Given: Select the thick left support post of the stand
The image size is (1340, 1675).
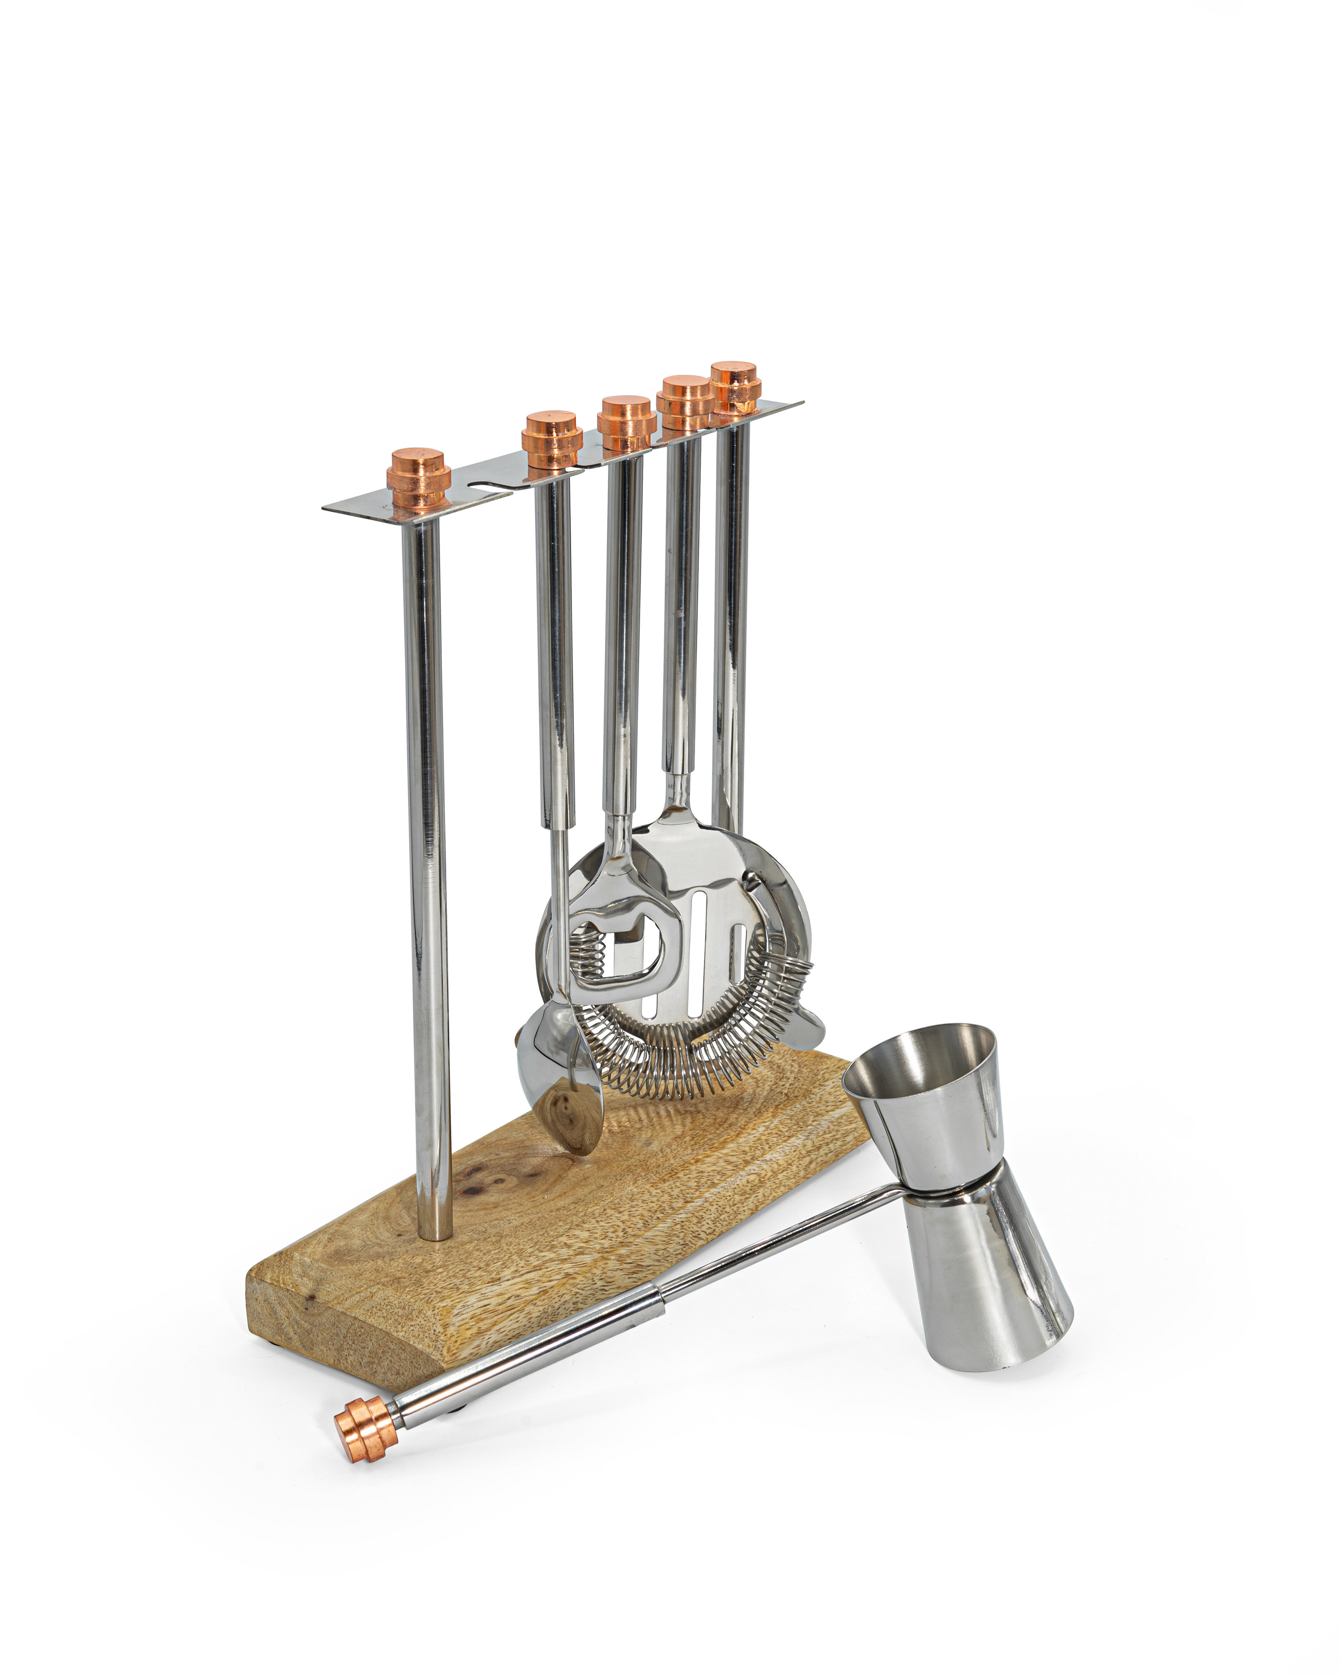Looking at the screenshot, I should (426, 855).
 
